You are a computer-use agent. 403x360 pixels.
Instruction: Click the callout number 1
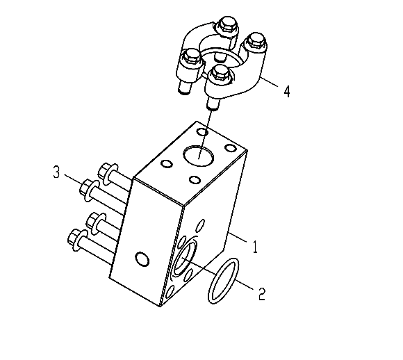click(255, 247)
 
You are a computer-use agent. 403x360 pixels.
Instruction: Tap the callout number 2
click(262, 294)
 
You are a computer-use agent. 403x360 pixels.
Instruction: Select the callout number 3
click(56, 172)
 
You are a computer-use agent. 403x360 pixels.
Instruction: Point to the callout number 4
click(287, 92)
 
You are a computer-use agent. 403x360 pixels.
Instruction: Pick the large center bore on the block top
click(199, 156)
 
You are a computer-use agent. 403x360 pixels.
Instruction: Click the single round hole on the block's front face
click(142, 259)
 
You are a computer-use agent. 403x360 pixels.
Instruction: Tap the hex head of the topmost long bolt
click(104, 170)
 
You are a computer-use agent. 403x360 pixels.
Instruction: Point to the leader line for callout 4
click(270, 82)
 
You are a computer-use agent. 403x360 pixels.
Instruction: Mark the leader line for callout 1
click(237, 237)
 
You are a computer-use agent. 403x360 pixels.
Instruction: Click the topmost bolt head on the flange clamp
click(227, 24)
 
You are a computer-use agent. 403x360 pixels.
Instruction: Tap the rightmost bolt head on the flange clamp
click(255, 40)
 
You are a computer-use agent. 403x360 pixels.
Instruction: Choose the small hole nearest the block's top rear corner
click(202, 132)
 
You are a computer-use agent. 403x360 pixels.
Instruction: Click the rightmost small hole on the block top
click(230, 148)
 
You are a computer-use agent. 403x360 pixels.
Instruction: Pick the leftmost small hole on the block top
click(166, 164)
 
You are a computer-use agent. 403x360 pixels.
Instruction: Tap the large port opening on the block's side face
click(185, 259)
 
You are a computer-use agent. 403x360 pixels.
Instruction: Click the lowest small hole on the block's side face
click(170, 293)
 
